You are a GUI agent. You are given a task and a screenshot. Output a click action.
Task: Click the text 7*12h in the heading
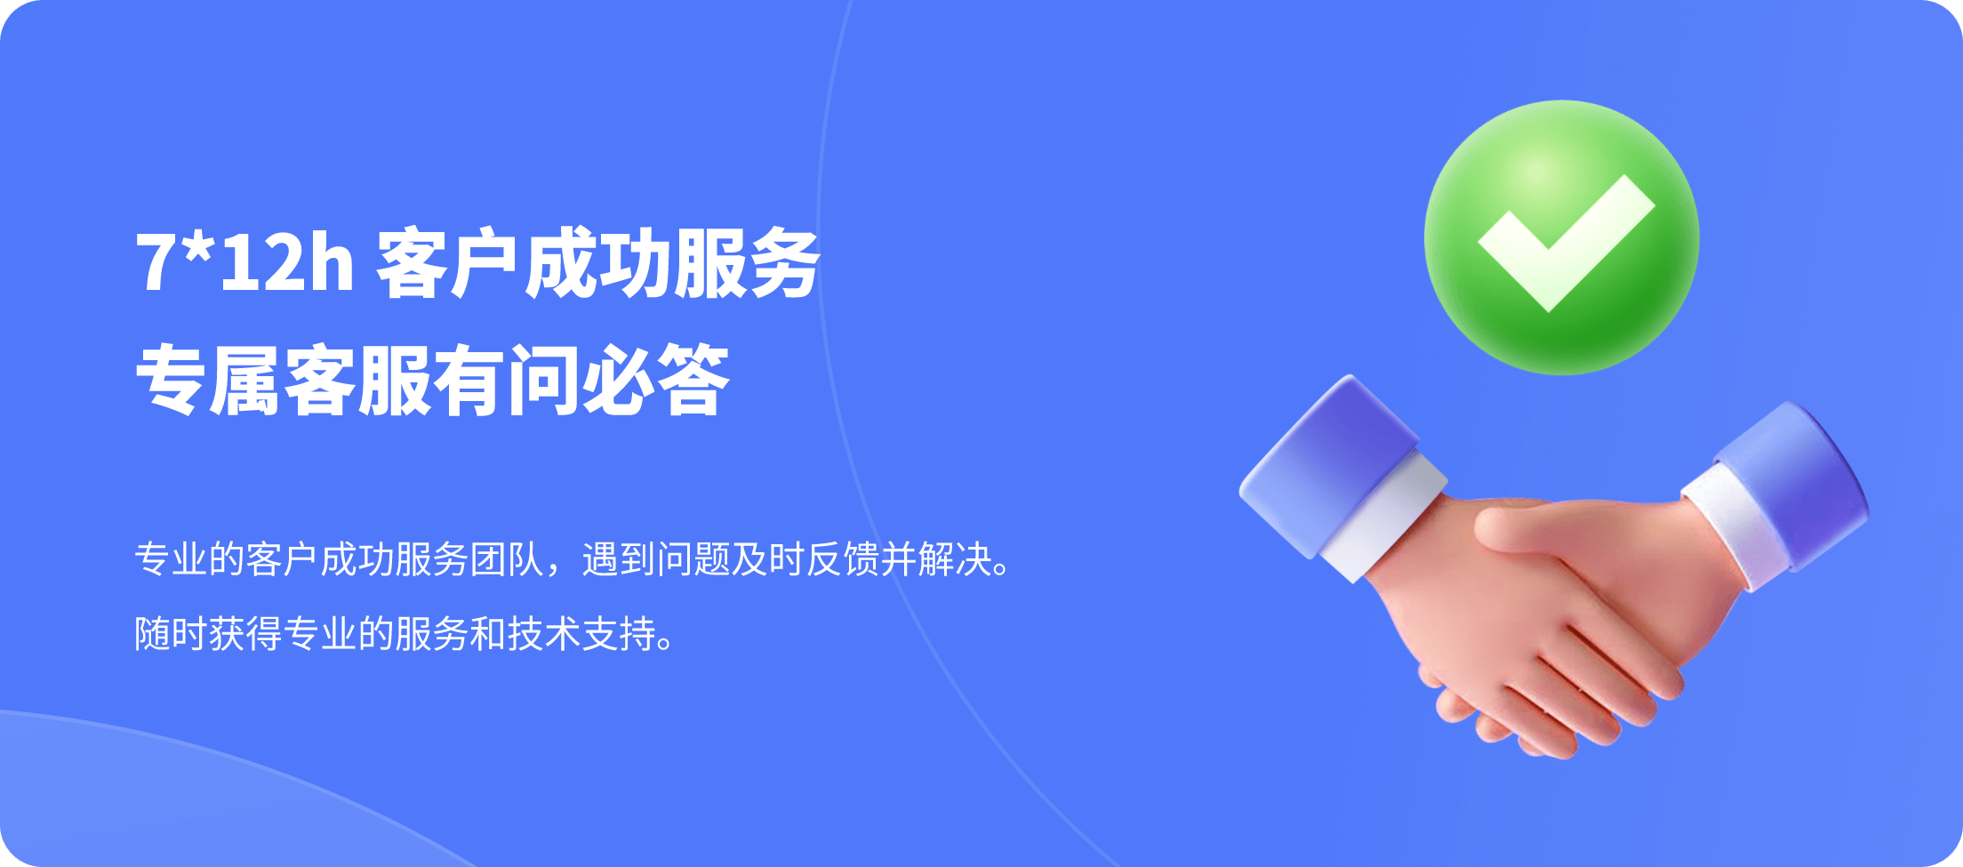pos(245,262)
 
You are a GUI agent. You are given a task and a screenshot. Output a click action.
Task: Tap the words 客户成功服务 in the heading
pos(597,263)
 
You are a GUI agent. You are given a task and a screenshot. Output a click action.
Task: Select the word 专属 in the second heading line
pos(209,381)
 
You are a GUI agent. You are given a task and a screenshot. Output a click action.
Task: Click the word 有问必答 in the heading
pos(581,381)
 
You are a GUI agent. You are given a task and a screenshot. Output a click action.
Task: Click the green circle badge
pos(1562,237)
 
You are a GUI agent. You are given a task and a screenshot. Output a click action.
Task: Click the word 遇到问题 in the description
pos(656,559)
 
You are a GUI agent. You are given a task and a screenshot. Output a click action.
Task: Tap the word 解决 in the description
pos(955,559)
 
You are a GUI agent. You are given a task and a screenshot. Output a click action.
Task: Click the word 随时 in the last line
pos(172,634)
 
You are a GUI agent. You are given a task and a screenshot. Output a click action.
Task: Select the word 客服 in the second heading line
pos(358,381)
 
